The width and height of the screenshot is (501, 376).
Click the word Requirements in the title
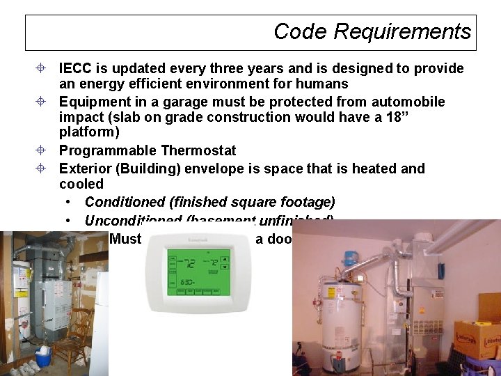click(x=402, y=32)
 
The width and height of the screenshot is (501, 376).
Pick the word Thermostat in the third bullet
click(x=198, y=150)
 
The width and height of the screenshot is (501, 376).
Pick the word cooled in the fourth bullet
click(x=81, y=185)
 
